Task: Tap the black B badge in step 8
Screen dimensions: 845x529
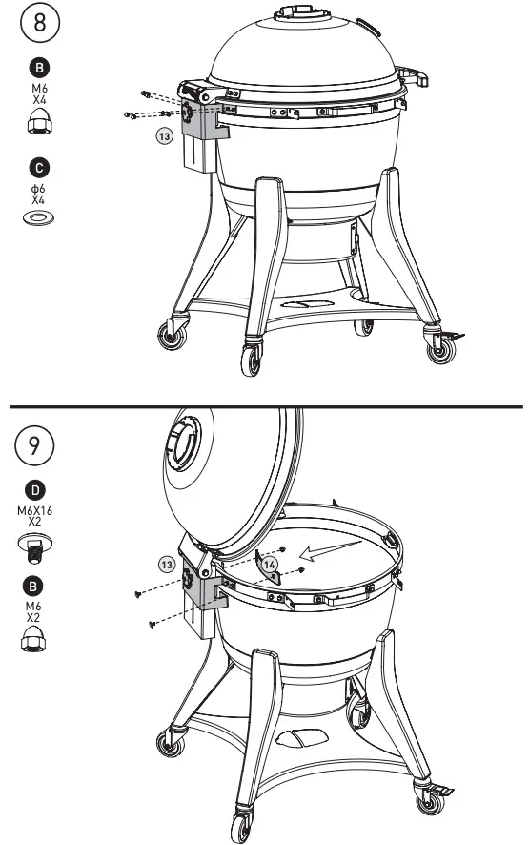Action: (x=39, y=68)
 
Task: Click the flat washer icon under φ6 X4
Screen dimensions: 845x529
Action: (x=39, y=218)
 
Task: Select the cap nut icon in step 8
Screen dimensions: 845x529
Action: (x=39, y=121)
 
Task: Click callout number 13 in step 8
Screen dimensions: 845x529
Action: (x=164, y=137)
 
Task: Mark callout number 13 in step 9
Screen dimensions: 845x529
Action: (x=167, y=565)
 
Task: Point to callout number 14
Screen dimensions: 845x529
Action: (x=270, y=565)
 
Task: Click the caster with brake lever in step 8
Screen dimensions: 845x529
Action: (x=444, y=347)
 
